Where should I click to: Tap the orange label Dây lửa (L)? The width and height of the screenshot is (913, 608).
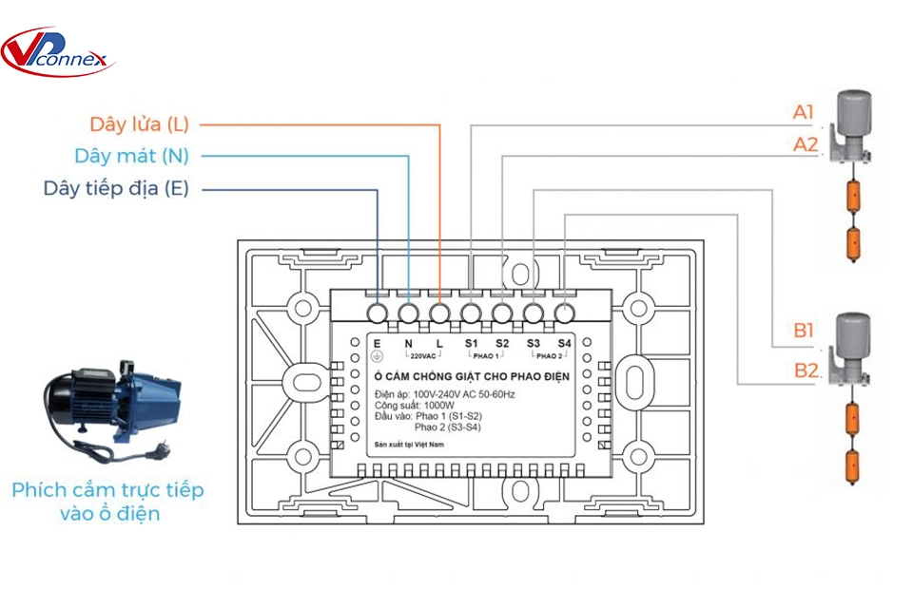click(x=139, y=124)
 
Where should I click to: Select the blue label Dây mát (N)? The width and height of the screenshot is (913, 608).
click(x=131, y=156)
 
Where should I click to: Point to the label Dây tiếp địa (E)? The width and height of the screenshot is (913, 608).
click(x=115, y=188)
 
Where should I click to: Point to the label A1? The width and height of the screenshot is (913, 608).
click(x=805, y=113)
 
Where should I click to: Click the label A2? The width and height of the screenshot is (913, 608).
click(x=806, y=144)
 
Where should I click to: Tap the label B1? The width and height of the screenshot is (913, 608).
click(x=805, y=332)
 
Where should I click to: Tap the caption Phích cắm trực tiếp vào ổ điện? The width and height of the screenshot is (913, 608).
click(x=107, y=502)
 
